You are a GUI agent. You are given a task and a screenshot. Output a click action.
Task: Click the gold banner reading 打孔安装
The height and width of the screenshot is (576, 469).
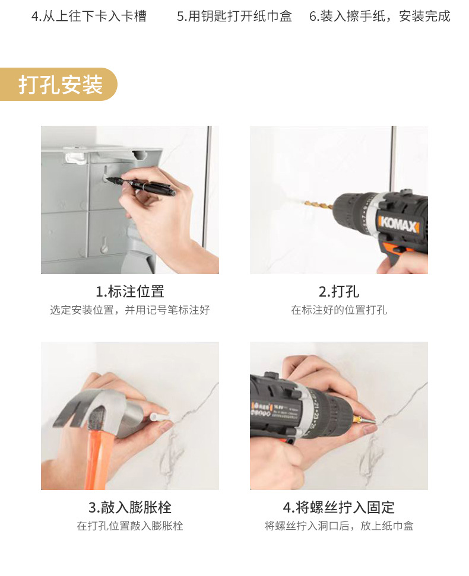tap(59, 84)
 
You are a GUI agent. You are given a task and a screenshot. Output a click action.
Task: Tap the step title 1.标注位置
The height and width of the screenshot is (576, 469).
tap(129, 291)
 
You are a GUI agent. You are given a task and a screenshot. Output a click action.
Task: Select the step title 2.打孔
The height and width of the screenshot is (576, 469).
tap(338, 291)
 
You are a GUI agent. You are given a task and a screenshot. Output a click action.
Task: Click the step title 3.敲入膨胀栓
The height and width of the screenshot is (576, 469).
tap(129, 507)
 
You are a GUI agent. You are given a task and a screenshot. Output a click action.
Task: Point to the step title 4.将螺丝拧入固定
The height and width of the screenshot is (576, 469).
tap(338, 507)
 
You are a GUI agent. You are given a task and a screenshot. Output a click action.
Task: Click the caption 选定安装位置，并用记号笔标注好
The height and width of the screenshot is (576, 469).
tap(129, 310)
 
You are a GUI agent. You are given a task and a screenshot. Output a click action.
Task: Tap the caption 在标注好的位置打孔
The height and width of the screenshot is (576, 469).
tap(338, 310)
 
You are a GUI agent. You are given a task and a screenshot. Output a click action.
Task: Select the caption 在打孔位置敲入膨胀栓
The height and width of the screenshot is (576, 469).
tap(129, 526)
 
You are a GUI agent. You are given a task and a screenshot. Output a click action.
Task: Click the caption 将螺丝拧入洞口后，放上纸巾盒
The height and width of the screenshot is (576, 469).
tap(338, 526)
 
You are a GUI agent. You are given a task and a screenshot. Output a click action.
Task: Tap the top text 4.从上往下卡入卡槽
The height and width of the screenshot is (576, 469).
tap(88, 16)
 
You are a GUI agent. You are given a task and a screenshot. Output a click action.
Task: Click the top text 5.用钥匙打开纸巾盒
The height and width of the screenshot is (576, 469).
tap(235, 16)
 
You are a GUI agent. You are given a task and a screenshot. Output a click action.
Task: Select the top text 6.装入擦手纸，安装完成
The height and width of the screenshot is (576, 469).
tap(379, 16)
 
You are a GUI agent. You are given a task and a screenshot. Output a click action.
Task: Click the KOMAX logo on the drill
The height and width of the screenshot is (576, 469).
tap(399, 225)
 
